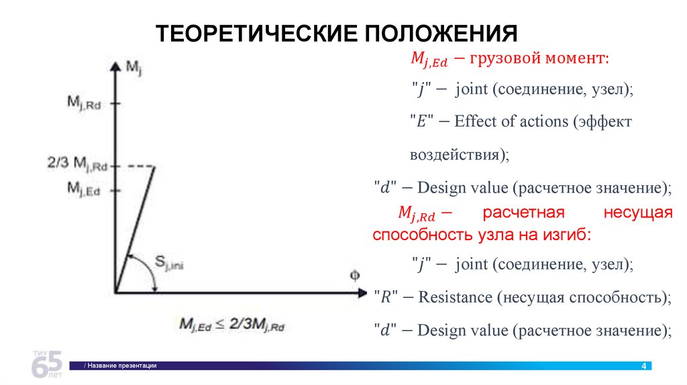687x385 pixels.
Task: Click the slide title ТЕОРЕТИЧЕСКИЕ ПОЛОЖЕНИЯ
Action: click(x=337, y=34)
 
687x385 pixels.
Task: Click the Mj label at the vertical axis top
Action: click(x=133, y=66)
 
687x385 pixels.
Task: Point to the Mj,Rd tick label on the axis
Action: click(x=84, y=103)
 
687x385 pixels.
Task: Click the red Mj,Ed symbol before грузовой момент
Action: click(x=428, y=60)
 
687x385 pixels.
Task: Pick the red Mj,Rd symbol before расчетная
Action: click(x=417, y=215)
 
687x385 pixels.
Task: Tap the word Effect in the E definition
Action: click(x=472, y=121)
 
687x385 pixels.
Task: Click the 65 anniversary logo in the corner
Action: click(x=48, y=364)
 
